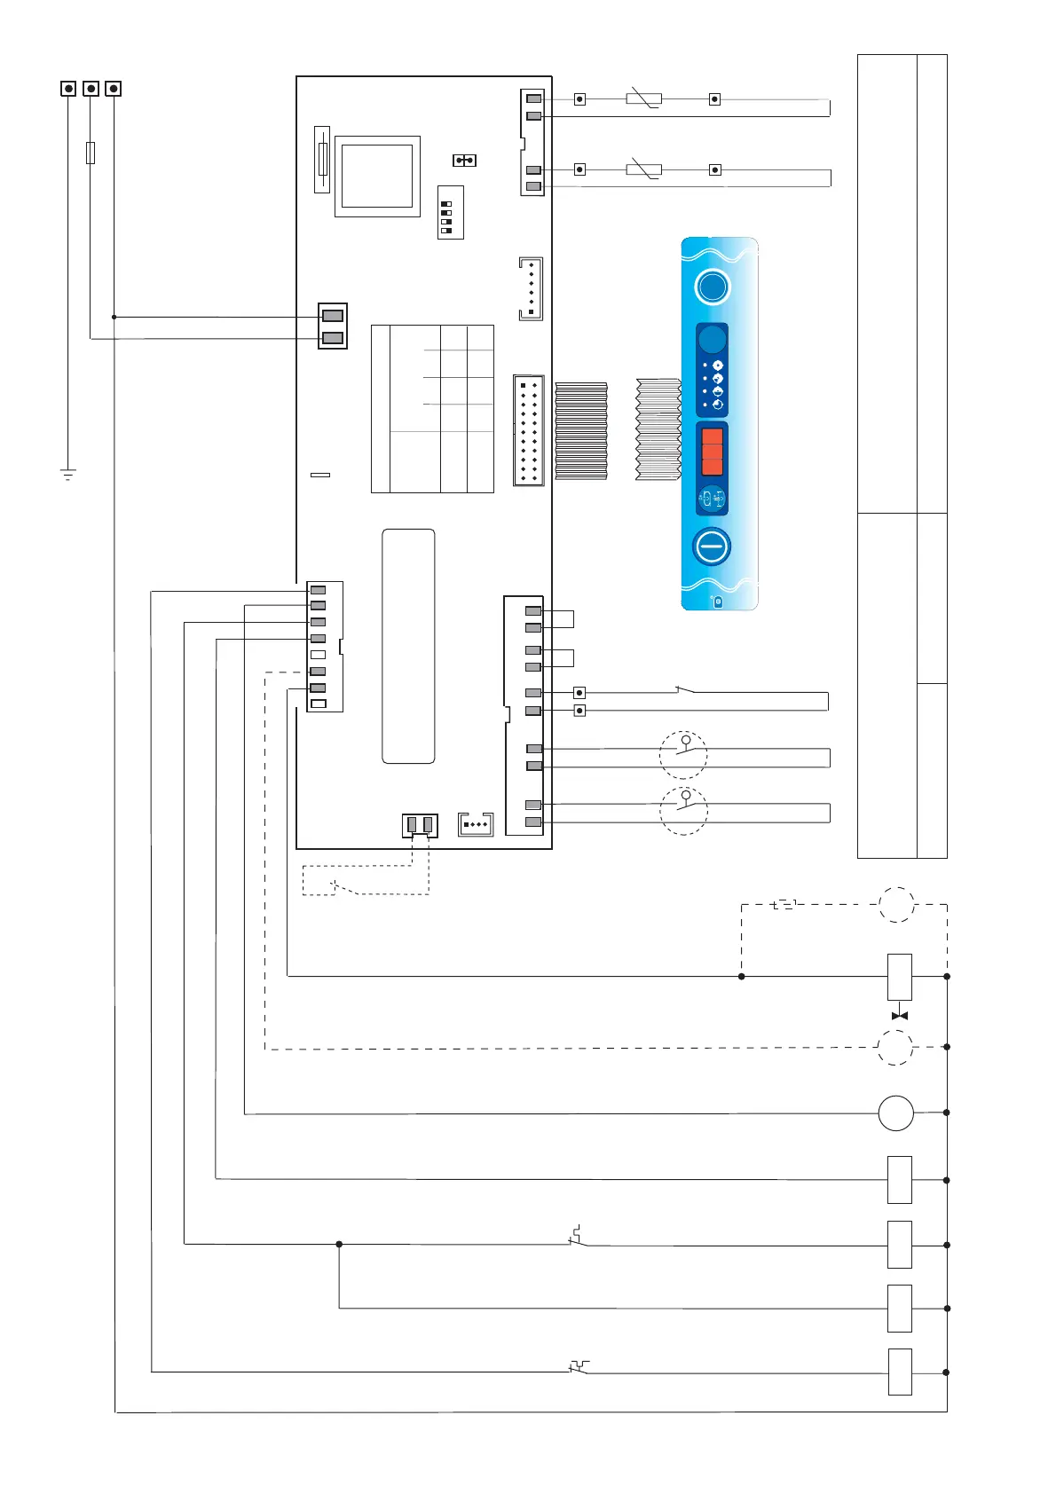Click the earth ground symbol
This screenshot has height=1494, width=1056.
click(68, 475)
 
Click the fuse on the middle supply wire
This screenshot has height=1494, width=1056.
click(91, 153)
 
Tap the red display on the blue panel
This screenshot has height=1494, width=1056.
click(713, 452)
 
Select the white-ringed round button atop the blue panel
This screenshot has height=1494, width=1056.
click(713, 287)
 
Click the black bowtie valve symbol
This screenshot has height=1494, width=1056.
click(899, 1015)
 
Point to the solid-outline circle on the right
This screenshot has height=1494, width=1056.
click(895, 1113)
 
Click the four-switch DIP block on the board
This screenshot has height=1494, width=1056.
click(450, 212)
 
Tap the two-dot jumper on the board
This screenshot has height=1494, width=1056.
click(464, 161)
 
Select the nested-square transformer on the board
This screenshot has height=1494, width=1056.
click(377, 176)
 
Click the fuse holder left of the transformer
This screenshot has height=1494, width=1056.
click(322, 160)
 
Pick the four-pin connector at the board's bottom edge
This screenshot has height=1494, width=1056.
click(475, 824)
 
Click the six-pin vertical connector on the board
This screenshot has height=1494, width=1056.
click(530, 288)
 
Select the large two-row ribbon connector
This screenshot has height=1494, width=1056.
click(529, 430)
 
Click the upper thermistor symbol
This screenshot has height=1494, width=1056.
click(643, 98)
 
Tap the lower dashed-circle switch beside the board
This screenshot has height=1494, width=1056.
click(683, 810)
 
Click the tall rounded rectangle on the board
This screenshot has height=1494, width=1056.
click(408, 646)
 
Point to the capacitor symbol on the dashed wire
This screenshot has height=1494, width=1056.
click(784, 905)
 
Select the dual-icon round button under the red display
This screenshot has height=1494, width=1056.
click(713, 499)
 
